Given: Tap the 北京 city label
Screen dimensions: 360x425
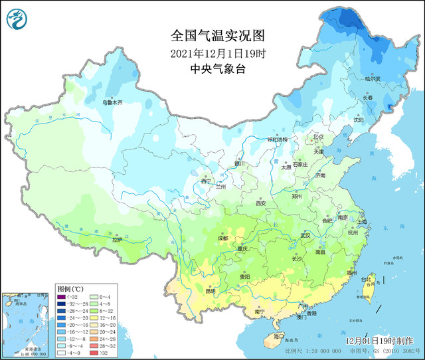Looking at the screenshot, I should click(318, 137).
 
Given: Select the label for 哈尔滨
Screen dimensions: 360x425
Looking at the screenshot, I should click(374, 78).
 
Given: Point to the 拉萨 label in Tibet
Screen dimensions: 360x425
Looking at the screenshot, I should click(117, 240).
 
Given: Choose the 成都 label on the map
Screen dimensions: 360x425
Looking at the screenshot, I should click(222, 238).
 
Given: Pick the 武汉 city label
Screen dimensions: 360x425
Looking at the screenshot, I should click(305, 235).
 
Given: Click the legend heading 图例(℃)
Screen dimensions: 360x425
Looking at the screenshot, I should click(70, 289).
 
